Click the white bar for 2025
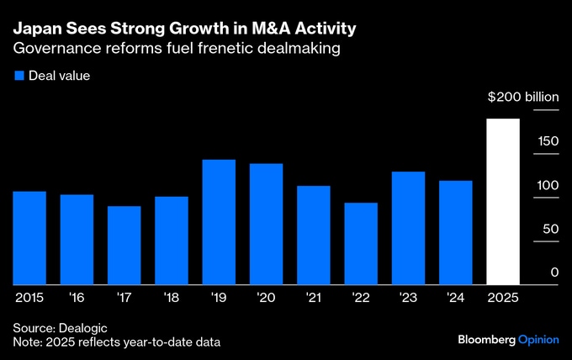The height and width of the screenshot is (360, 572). pos(503,202)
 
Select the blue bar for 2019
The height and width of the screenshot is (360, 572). pos(219,222)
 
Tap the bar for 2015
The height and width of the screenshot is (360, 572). pos(29,238)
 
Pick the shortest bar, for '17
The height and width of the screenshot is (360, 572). pos(124,246)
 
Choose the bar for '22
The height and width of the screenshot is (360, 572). pos(361,244)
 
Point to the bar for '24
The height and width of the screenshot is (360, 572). pos(456,233)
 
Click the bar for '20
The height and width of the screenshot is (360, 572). pos(266,224)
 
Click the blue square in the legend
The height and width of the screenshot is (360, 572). pos(20,76)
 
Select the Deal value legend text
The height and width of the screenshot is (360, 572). pos(59,76)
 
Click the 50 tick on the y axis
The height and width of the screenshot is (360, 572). pos(551,228)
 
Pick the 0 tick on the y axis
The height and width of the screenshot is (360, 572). pos(554,272)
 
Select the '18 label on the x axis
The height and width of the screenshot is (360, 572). pos(172,297)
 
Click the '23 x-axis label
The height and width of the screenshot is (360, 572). pos(408,297)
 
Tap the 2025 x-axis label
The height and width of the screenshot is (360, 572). pos(503,297)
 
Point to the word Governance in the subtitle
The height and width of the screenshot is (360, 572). pos(56,49)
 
